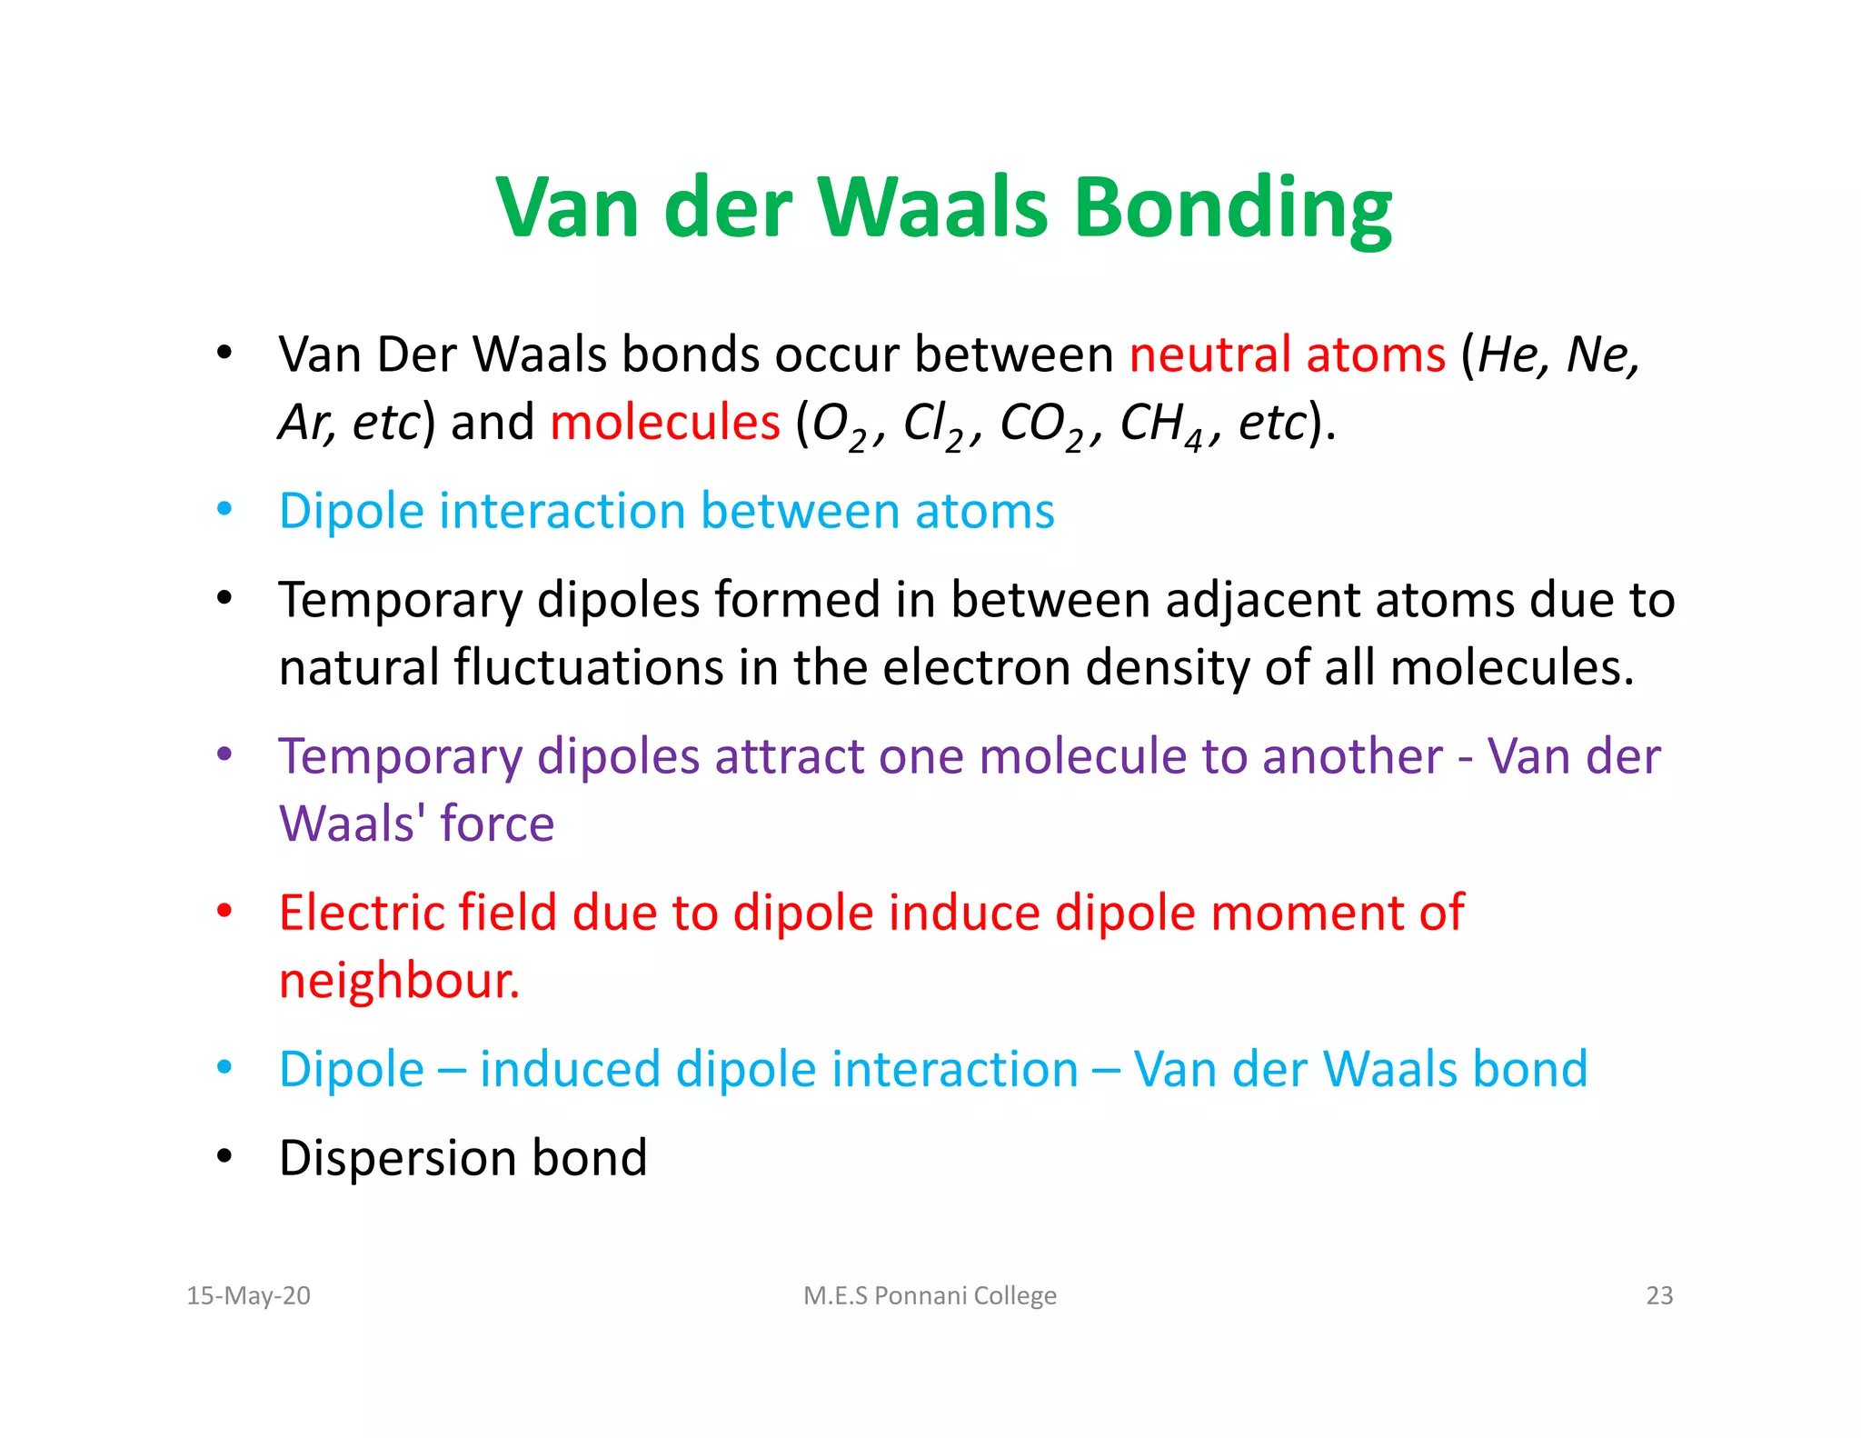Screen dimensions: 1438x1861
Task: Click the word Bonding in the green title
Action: tap(1233, 209)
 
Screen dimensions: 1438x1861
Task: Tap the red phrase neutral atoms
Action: tap(1287, 355)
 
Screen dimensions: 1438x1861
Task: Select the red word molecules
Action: tap(665, 423)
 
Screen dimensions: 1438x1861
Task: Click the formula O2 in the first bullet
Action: tap(838, 425)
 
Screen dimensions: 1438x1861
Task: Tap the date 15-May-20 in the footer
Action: tap(248, 1295)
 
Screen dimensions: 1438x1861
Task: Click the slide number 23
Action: tap(1659, 1295)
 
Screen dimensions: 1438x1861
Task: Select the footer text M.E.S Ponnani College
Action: tap(930, 1295)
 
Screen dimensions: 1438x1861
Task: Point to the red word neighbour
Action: tap(399, 981)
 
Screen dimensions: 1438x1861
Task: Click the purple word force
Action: tap(497, 824)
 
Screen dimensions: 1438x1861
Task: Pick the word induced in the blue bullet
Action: tap(570, 1069)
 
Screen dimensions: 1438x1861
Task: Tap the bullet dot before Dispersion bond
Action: tap(224, 1157)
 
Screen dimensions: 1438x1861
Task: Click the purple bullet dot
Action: tap(224, 754)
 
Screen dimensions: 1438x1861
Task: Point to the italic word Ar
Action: tap(304, 423)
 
